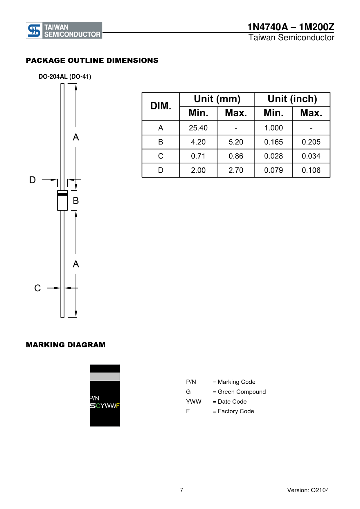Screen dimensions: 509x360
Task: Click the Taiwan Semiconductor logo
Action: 64,30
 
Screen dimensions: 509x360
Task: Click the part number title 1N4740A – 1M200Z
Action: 290,27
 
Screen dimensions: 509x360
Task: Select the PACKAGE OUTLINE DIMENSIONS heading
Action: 92,60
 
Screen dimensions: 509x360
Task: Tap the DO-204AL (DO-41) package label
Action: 65,77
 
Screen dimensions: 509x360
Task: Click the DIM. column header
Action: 161,106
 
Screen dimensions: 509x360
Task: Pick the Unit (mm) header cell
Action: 217,99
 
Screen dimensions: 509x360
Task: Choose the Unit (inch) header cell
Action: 292,99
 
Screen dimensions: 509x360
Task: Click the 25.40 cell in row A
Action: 198,128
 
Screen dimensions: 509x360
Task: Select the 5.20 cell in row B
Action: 236,142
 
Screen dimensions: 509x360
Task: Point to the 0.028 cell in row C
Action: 273,156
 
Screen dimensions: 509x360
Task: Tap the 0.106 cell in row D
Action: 311,170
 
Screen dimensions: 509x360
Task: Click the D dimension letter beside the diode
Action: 33,180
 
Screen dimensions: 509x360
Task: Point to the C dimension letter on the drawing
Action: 37,288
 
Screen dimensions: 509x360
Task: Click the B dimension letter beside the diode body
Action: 76,201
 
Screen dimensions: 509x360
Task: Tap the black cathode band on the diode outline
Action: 62,194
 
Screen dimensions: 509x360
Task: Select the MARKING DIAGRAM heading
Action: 66,345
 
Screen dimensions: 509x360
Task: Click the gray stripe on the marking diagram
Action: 105,377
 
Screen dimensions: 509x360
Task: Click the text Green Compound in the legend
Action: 242,392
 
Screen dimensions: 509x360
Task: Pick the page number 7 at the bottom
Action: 181,490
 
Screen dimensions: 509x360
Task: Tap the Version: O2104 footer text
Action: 308,490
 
